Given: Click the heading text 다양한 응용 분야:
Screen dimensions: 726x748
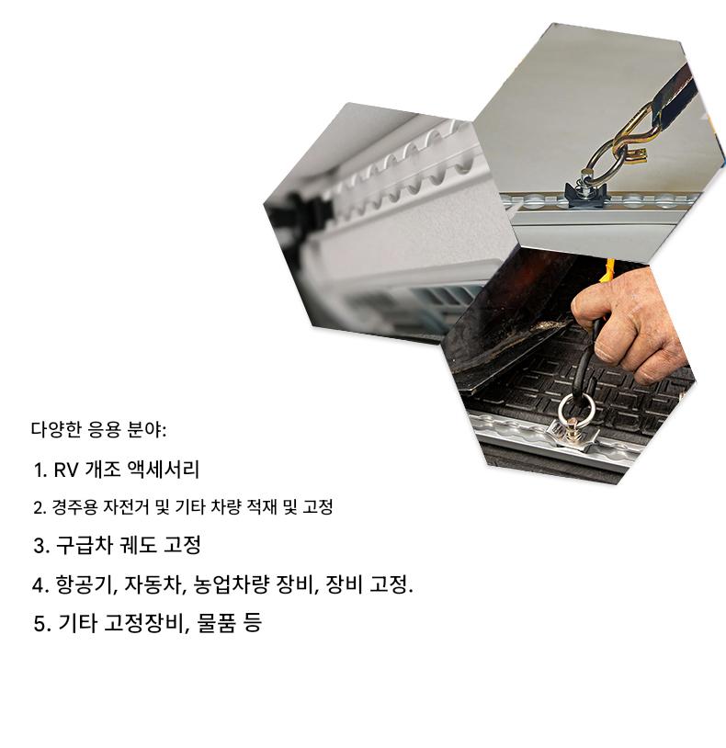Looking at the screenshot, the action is (x=98, y=430).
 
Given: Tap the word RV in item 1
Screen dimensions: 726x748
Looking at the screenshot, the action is (x=66, y=470).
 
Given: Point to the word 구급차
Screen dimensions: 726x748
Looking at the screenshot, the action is (x=84, y=545).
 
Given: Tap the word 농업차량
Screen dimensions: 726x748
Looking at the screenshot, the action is (x=232, y=584).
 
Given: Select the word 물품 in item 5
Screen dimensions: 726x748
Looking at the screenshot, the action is (x=216, y=623).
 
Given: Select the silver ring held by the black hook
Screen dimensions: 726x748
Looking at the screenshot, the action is (x=577, y=412).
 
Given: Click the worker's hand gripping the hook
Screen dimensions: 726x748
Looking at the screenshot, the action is (x=630, y=324).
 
